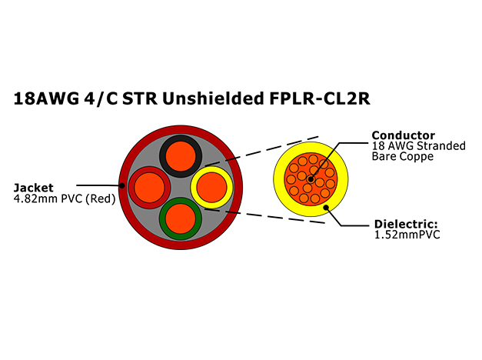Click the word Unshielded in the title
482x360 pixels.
coord(213,98)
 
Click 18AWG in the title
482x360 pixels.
coord(46,98)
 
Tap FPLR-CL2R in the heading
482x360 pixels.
coord(320,98)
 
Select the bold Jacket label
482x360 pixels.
coord(34,188)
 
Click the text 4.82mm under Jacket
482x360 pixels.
coord(35,198)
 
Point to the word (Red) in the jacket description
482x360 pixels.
coord(101,199)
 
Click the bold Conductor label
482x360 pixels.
coord(404,135)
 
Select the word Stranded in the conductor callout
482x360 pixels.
coord(441,146)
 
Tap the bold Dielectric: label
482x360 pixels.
coord(406,224)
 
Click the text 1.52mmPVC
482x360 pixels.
coord(407,235)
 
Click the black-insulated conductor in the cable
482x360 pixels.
coord(181,156)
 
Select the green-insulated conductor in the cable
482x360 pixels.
coord(181,218)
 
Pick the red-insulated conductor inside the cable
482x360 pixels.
coord(149,188)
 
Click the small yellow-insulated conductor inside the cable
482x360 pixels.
coord(212,188)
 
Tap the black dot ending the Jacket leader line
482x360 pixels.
coord(122,185)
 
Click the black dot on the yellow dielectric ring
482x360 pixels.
coord(326,208)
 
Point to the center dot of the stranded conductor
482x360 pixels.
coord(311,179)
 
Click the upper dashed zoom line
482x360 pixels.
coord(262,151)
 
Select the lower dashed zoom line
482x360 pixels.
coord(264,216)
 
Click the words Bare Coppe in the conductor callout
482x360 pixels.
coord(403,157)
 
